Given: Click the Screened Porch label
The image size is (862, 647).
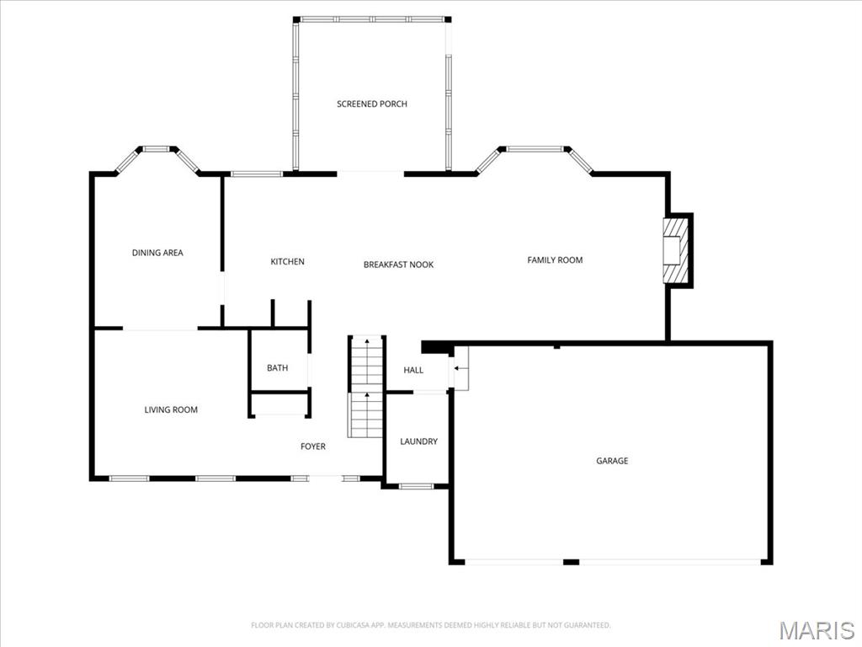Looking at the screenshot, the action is (371, 104).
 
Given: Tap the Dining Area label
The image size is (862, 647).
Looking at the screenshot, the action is (157, 253).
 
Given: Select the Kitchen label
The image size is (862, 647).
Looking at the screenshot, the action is (287, 261).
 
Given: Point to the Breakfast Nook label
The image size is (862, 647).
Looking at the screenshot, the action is (398, 265).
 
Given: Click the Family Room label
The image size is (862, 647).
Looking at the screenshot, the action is (555, 259).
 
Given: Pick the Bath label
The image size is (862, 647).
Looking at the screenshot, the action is (277, 367).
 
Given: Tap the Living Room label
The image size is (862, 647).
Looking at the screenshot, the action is (170, 409).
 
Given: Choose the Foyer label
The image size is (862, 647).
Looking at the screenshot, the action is (313, 446).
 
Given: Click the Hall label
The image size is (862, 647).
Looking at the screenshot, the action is (413, 370).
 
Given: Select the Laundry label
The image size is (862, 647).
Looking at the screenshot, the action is (419, 441).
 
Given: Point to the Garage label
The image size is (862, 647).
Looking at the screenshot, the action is (612, 461).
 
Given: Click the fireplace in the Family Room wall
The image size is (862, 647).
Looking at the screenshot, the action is (677, 250).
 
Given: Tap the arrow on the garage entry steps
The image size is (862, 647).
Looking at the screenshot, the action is (458, 368).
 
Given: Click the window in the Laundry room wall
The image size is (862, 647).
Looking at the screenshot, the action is (416, 486).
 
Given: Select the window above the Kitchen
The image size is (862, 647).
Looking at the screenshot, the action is (256, 174).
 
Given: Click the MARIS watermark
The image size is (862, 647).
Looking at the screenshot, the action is (817, 630).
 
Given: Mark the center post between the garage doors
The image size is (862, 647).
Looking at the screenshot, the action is (572, 562).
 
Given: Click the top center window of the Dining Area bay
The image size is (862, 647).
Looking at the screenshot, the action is (156, 148).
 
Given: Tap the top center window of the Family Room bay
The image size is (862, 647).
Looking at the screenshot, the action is (535, 148).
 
